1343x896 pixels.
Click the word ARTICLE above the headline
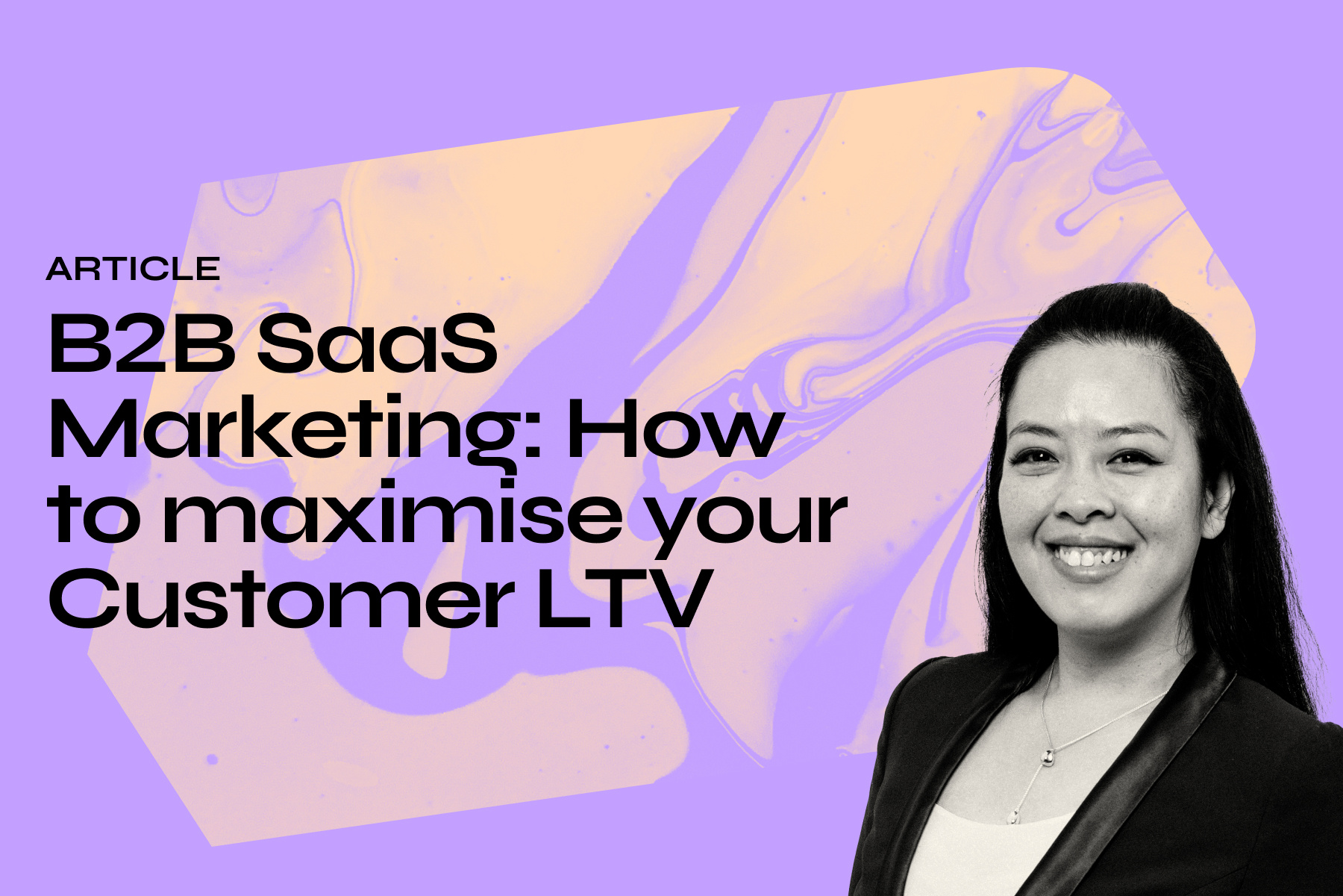pos(133,269)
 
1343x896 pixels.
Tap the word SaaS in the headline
pos(378,344)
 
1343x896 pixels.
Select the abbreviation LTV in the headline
pos(621,598)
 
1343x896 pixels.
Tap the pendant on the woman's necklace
pos(1048,757)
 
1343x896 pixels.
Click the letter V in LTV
pos(674,598)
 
